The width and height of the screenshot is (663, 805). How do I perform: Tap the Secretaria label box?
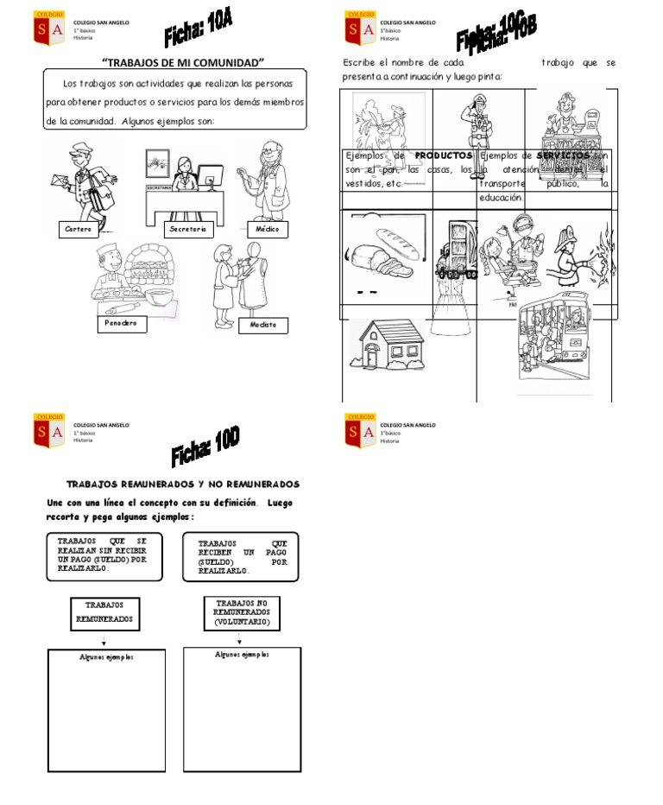point(188,230)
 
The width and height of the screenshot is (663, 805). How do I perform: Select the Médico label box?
point(266,230)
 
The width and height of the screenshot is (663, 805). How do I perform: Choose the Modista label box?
point(263,326)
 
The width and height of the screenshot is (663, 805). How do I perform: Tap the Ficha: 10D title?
point(205,447)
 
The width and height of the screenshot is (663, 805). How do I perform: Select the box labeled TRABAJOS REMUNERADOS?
point(104,612)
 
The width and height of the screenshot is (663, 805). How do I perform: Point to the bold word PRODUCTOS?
point(443,155)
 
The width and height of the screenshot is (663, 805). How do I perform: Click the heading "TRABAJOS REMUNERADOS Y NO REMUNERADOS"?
point(183,485)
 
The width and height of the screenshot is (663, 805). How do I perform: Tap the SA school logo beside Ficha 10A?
point(47,27)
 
